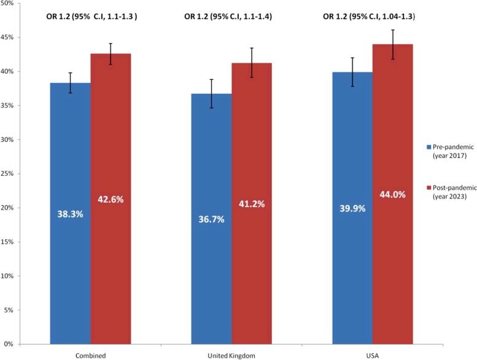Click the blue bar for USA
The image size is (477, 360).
(x=352, y=258)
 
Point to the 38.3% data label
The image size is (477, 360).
(x=71, y=216)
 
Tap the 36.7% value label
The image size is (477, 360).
(x=212, y=219)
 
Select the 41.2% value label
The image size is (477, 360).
(x=252, y=204)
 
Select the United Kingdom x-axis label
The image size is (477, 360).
(x=231, y=354)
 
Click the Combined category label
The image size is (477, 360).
(x=90, y=354)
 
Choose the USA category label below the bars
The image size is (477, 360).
(x=373, y=354)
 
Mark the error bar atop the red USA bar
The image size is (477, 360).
(x=393, y=44)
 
